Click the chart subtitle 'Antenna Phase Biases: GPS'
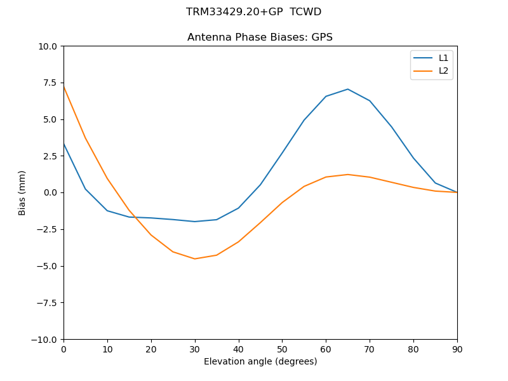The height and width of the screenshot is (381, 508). coord(260,37)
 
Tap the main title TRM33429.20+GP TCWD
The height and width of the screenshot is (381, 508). coord(253,12)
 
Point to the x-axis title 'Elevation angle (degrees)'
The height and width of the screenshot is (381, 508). coord(260,361)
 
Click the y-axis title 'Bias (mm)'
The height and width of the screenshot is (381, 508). coord(22,192)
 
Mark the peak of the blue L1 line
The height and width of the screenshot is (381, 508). coord(348,89)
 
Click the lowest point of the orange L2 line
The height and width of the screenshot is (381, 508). coord(195,258)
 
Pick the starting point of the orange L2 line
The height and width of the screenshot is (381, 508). coord(63,86)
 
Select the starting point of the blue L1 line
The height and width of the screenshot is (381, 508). coord(63,144)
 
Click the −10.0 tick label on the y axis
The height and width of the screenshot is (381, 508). coord(44,339)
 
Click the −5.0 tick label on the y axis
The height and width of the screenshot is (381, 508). coord(47,266)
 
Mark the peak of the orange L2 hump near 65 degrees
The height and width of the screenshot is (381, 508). coord(348,174)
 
